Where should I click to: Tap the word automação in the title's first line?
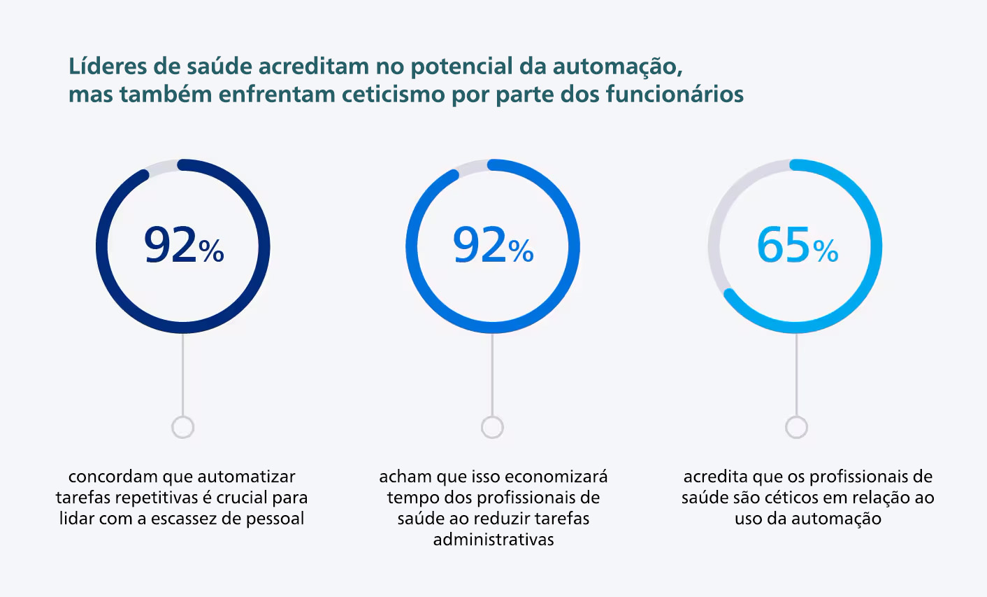pyautogui.click(x=616, y=66)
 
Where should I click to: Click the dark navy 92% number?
pyautogui.click(x=171, y=246)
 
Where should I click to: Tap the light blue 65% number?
pyautogui.click(x=784, y=246)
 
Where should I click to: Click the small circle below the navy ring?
pyautogui.click(x=182, y=427)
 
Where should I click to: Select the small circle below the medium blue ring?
pyautogui.click(x=492, y=427)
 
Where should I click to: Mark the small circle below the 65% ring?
pyautogui.click(x=796, y=427)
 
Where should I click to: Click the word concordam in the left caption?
pyautogui.click(x=113, y=477)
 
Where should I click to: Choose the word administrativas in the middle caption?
pyautogui.click(x=493, y=540)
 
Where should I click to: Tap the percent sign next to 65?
pyautogui.click(x=826, y=251)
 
